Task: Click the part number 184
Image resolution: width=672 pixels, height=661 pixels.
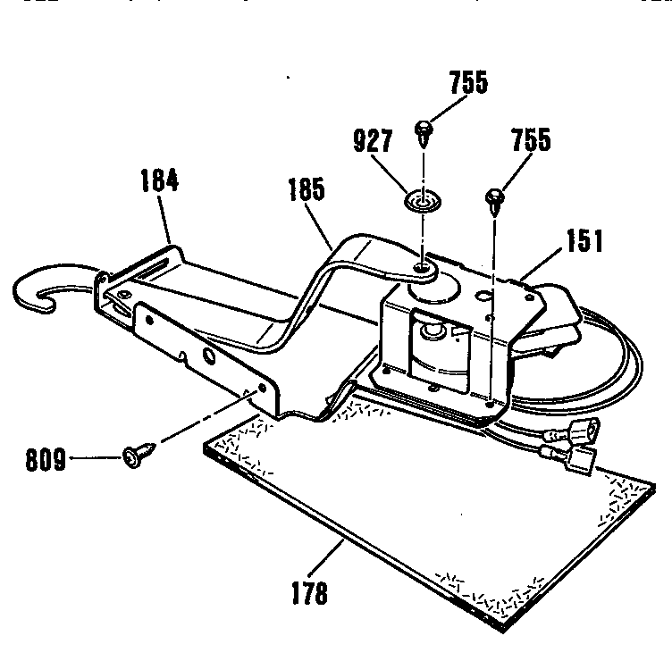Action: tap(160, 181)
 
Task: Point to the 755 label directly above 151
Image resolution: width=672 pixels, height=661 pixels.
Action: tap(532, 141)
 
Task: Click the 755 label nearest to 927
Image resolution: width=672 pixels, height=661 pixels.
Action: tap(469, 84)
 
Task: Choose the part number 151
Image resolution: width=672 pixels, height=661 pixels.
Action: tap(584, 239)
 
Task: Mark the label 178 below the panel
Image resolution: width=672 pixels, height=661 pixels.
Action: tap(309, 593)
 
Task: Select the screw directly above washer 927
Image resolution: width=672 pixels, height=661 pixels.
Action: tap(423, 134)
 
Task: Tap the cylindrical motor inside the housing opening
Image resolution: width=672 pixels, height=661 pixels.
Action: tap(434, 339)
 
